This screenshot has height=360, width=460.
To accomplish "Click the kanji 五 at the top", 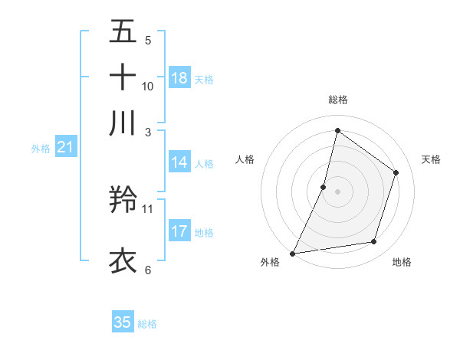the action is click(123, 33).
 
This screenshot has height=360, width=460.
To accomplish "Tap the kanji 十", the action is click(123, 77).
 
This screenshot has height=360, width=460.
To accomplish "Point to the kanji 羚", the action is click(123, 201).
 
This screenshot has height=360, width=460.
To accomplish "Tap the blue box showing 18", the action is click(179, 78).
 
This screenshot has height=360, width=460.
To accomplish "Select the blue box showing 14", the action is click(179, 162).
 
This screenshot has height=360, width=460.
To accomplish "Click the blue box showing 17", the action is click(179, 231).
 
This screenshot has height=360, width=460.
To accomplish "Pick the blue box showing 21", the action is click(64, 147).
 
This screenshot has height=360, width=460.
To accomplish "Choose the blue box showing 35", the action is click(123, 322).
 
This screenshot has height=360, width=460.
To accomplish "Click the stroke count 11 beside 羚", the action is click(148, 208).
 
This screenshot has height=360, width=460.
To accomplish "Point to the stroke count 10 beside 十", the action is click(148, 86).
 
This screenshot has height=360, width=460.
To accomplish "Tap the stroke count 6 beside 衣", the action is click(148, 269).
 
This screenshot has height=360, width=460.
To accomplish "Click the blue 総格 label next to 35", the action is click(148, 324).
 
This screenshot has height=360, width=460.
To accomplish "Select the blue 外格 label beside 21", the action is click(41, 149).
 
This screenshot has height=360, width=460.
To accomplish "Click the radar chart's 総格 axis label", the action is click(337, 100).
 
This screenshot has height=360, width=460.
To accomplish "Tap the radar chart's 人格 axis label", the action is click(245, 159).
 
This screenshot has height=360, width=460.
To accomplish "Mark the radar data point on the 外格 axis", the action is click(292, 254).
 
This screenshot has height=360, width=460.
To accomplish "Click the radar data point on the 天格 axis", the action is click(396, 172).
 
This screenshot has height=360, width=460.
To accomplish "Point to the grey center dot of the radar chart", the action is click(337, 191).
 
